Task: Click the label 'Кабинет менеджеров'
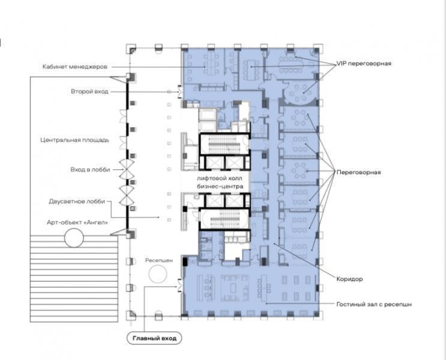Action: tap(75, 67)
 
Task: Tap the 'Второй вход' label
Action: tap(89, 92)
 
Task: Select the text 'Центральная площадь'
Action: tap(75, 140)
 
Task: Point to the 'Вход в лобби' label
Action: tap(90, 169)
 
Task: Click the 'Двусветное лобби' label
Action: tap(77, 202)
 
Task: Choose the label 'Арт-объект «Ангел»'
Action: tap(77, 223)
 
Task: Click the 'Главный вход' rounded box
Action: tap(154, 338)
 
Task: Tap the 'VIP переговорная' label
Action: tap(364, 64)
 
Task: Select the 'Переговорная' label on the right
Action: tap(359, 172)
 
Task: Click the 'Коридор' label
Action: tap(349, 279)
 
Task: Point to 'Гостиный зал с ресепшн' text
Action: tap(374, 304)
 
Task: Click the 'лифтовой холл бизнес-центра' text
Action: tap(220, 182)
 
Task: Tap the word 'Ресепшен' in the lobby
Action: tap(159, 260)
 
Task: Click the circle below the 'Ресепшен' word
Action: tap(158, 274)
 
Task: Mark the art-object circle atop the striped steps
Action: tap(74, 238)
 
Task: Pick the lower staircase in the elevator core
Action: tap(225, 219)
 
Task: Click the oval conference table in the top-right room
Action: tap(291, 65)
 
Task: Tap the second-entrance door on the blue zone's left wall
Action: tap(179, 92)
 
